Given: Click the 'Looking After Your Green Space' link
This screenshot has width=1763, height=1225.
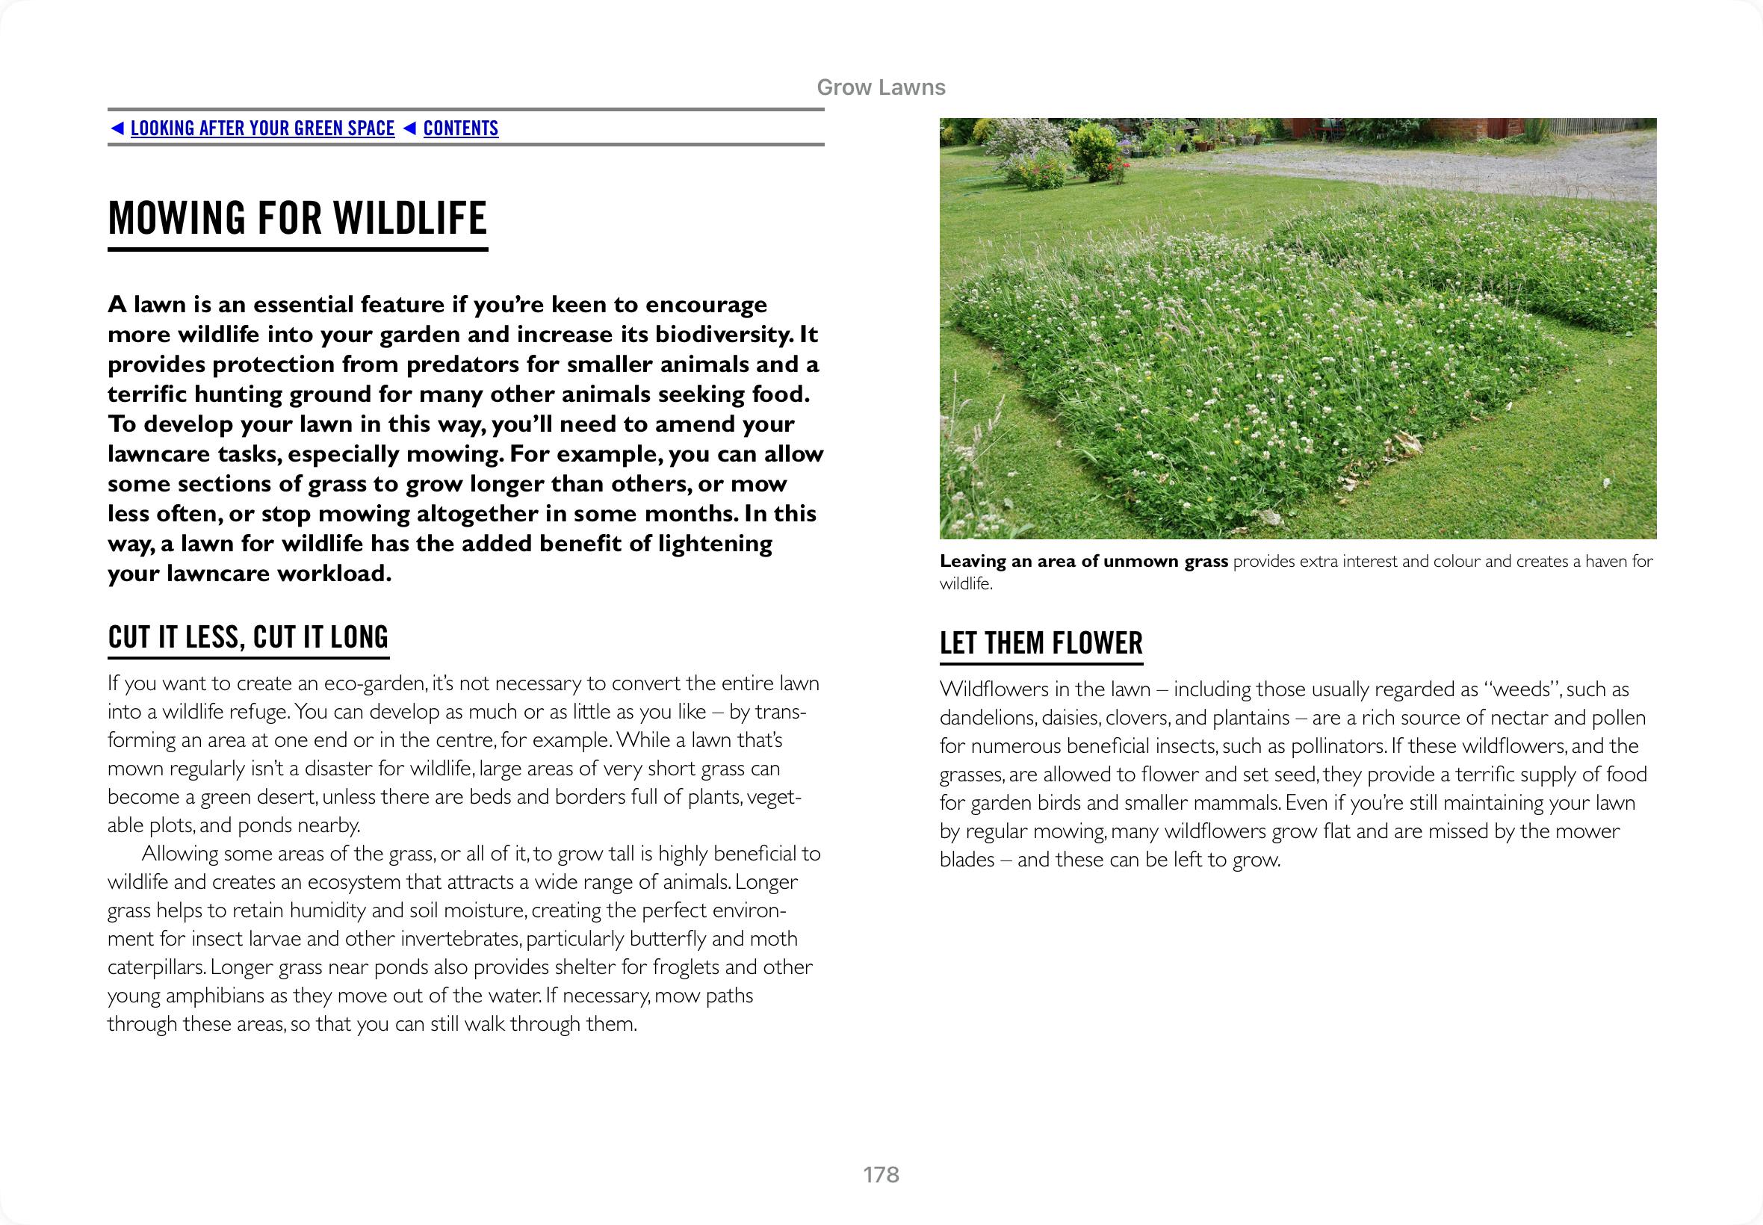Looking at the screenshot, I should click(262, 128).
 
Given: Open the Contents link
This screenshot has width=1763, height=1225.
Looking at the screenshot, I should click(460, 128).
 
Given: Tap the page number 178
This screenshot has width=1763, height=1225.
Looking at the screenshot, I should click(881, 1174).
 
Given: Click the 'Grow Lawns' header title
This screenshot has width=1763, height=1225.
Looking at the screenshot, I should click(881, 87).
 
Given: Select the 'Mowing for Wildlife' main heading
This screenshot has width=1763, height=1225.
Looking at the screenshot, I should click(298, 218).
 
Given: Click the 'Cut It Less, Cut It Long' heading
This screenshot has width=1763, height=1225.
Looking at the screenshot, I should click(248, 637).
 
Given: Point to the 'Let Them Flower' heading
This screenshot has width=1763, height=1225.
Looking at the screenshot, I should click(1041, 642).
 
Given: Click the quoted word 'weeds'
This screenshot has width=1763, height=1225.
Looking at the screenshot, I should click(1522, 689).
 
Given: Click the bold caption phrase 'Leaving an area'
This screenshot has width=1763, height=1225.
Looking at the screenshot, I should click(998, 561).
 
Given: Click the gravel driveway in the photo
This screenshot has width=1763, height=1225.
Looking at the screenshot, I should click(1420, 169).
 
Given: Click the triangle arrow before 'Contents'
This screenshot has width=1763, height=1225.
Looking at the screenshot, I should click(410, 128).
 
